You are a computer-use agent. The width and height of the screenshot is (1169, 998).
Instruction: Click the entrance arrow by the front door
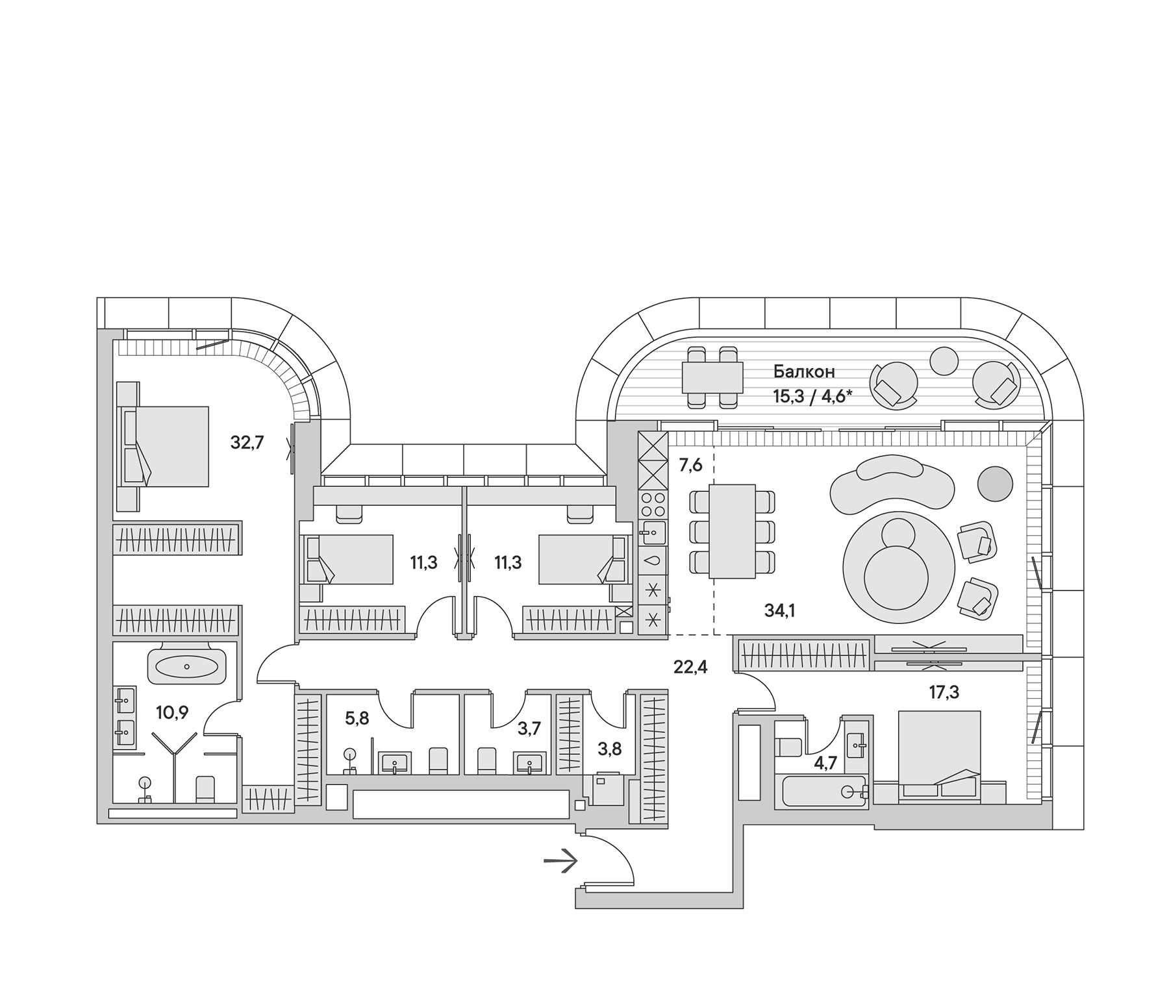[560, 862]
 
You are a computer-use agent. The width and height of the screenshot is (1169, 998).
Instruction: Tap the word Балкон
[803, 372]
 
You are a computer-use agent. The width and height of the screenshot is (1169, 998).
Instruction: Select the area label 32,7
[247, 443]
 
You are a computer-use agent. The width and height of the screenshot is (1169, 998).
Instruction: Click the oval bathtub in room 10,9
[187, 667]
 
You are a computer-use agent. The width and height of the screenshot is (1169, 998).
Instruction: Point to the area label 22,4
[690, 666]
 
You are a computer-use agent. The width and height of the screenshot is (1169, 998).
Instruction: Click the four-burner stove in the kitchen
[653, 505]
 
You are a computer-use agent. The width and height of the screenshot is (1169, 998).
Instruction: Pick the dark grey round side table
[995, 483]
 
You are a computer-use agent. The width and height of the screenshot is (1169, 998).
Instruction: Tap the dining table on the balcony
[712, 377]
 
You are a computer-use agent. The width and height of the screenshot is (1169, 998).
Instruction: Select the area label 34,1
[779, 610]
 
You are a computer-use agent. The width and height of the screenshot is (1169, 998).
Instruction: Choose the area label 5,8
[357, 718]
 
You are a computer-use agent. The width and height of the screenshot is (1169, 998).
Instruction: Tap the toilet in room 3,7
[486, 760]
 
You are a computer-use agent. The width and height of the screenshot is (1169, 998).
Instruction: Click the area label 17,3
[944, 692]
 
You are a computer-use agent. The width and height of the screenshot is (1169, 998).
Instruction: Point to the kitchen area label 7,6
[690, 465]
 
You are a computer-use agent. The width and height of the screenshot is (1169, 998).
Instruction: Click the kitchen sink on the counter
[653, 533]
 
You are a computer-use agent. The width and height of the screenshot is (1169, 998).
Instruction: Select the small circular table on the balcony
[944, 361]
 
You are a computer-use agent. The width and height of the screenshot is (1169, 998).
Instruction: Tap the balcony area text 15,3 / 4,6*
[812, 396]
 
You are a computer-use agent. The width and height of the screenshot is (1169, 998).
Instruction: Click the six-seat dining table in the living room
[732, 531]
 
